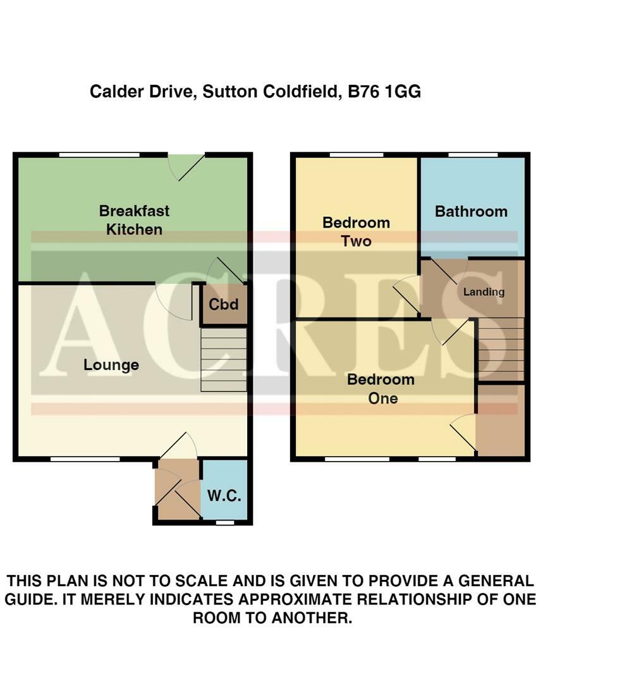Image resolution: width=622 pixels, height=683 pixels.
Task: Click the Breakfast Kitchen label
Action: (134, 220)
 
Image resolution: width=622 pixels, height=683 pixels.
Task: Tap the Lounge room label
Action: (111, 365)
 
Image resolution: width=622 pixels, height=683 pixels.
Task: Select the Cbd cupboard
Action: (224, 305)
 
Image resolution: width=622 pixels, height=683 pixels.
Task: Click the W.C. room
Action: (224, 495)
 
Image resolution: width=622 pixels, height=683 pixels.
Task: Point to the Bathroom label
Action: (471, 211)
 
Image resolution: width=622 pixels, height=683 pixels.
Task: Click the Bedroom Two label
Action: (356, 231)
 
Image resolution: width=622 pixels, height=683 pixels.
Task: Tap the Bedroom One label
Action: (381, 388)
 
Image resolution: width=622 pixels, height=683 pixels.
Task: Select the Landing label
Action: (484, 292)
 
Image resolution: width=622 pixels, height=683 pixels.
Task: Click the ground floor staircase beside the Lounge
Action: (223, 364)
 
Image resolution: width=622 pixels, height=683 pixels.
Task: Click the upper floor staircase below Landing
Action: (501, 349)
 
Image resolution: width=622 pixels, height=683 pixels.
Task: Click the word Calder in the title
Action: (113, 92)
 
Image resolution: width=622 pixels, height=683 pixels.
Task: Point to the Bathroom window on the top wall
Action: (473, 154)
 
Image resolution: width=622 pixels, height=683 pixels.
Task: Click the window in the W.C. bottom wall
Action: (224, 523)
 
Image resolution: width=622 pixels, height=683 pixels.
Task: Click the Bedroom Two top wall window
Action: (356, 154)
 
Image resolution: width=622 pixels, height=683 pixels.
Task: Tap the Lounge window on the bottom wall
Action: (85, 458)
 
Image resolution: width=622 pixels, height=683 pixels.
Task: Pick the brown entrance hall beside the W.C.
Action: (177, 490)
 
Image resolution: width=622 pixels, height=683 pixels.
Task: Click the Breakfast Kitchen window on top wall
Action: (99, 154)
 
